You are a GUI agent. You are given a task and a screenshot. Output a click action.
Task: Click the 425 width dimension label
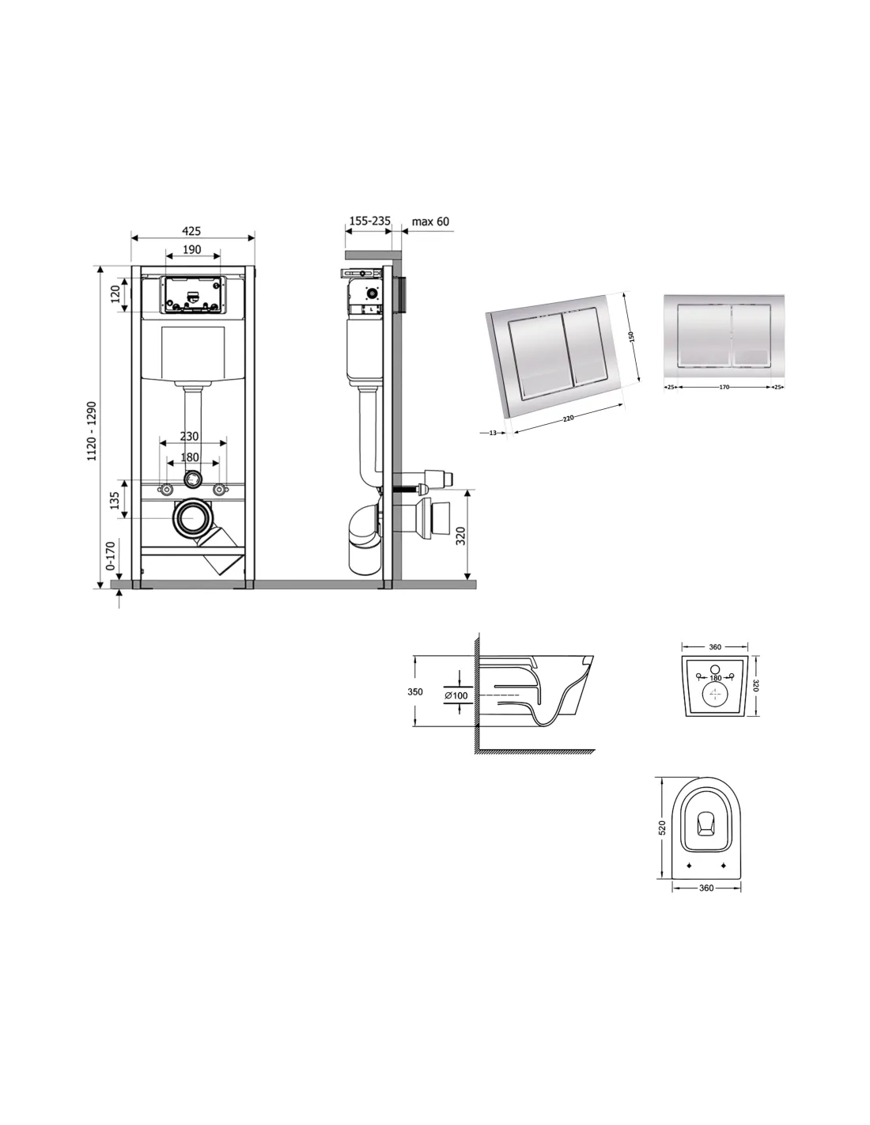point(191,230)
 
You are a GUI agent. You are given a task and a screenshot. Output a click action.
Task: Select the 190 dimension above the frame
point(191,249)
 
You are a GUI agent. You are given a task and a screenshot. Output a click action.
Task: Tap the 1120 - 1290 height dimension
point(92,430)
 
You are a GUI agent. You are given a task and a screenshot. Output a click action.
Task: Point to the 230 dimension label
point(189,436)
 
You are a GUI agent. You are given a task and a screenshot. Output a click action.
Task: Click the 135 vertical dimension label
point(115,499)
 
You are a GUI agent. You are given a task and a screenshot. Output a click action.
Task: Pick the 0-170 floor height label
point(110,555)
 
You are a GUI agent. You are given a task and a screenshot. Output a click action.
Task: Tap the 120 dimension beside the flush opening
point(115,294)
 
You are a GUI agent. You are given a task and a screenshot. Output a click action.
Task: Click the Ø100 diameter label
point(456,695)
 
